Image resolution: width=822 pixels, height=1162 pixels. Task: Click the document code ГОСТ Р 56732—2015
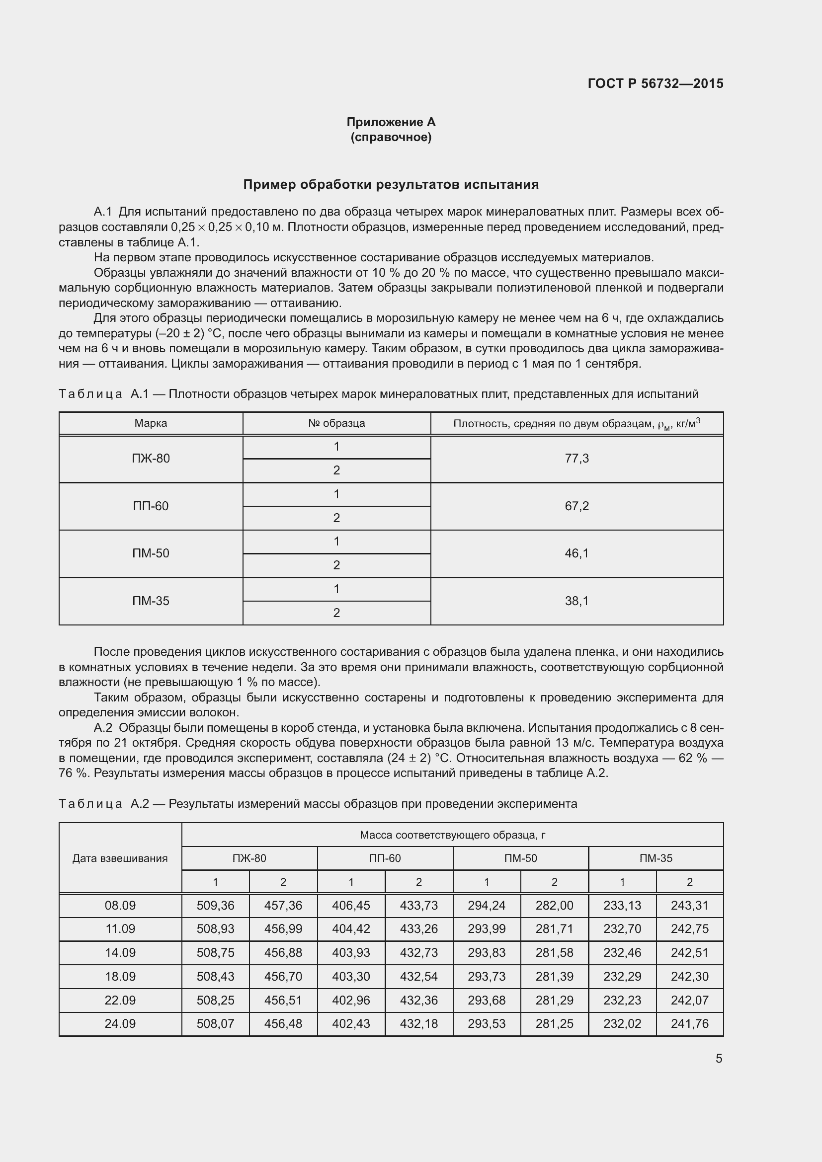point(656,83)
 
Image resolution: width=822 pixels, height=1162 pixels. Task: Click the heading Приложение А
point(391,122)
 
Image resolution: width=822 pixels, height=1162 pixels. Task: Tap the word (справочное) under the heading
point(391,137)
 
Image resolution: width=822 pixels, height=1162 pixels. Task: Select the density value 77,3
point(576,459)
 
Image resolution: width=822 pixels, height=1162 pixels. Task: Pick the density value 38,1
point(576,601)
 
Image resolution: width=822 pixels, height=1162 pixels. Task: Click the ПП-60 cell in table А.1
point(151,506)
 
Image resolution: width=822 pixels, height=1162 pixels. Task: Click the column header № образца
point(336,423)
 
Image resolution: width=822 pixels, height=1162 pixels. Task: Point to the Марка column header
point(151,423)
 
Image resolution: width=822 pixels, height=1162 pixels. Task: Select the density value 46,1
point(576,553)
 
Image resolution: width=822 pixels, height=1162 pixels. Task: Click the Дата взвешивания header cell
point(120,858)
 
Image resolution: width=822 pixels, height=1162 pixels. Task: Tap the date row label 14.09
point(120,952)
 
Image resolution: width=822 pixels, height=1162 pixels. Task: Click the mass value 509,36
point(216,906)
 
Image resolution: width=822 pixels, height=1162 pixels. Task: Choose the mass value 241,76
point(689,1023)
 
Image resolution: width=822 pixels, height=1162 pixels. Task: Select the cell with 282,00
point(554,906)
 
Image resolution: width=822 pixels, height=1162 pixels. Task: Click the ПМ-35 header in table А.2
point(656,858)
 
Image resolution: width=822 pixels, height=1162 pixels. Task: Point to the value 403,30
point(351,976)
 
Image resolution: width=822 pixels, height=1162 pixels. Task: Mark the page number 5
point(719,1059)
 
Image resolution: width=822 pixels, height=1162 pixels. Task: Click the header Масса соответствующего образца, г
point(453,835)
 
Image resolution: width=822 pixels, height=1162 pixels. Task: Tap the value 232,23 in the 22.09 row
point(622,1000)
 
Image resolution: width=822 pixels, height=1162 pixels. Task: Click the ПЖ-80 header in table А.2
point(249,858)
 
